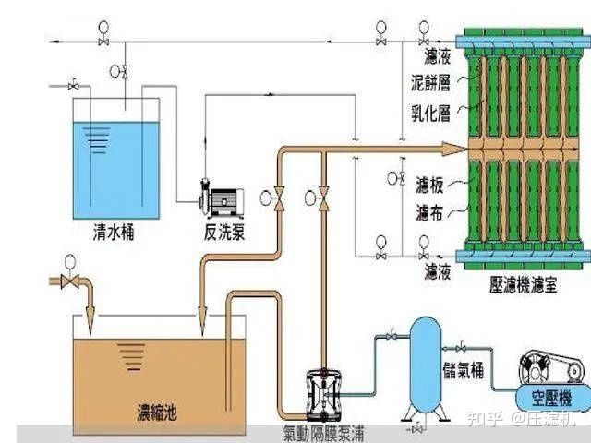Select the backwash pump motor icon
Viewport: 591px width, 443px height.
click(223, 197)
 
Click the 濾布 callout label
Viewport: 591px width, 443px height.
click(428, 213)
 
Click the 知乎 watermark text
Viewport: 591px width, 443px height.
click(486, 421)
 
